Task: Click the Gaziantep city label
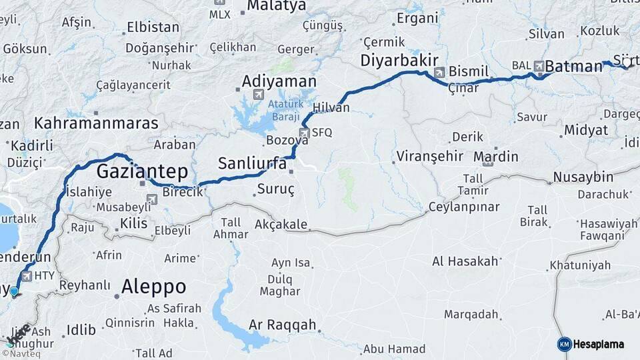142,171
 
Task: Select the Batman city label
573,67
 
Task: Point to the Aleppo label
153,287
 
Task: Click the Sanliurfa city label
253,163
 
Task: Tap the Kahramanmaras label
96,123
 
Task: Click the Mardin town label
495,157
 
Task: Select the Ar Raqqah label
282,325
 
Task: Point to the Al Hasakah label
466,261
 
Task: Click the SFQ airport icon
304,133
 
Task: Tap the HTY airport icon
27,275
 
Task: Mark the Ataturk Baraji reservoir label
286,111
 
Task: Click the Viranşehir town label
429,157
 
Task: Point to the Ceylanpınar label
463,207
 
